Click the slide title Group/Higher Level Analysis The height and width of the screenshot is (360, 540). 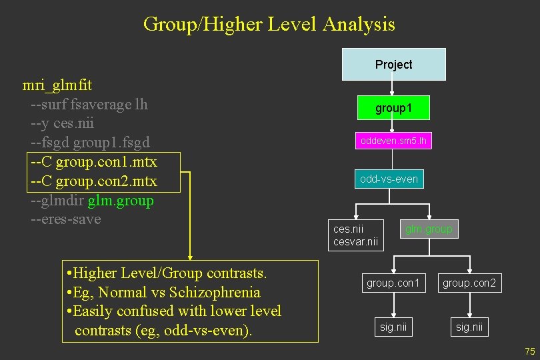(269, 25)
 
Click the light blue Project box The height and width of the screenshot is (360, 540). (393, 64)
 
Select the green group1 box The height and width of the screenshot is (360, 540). (393, 108)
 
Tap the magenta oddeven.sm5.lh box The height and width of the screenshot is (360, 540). (393, 141)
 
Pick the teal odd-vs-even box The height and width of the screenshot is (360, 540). (389, 179)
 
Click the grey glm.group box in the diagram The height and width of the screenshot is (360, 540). (429, 229)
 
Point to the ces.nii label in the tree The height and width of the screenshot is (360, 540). (348, 229)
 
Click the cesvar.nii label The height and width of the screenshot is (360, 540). (355, 241)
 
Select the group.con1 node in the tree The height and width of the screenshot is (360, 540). (393, 283)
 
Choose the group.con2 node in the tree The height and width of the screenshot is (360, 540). (469, 283)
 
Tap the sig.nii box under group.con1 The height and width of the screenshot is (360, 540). (393, 327)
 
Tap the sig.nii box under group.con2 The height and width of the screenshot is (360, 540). (469, 327)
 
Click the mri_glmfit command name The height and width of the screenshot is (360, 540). (57, 85)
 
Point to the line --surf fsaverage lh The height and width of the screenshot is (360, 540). (89, 105)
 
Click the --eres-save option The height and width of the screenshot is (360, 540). (65, 219)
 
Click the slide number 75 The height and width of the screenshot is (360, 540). (530, 351)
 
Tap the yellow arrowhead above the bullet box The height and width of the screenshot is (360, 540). (190, 255)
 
